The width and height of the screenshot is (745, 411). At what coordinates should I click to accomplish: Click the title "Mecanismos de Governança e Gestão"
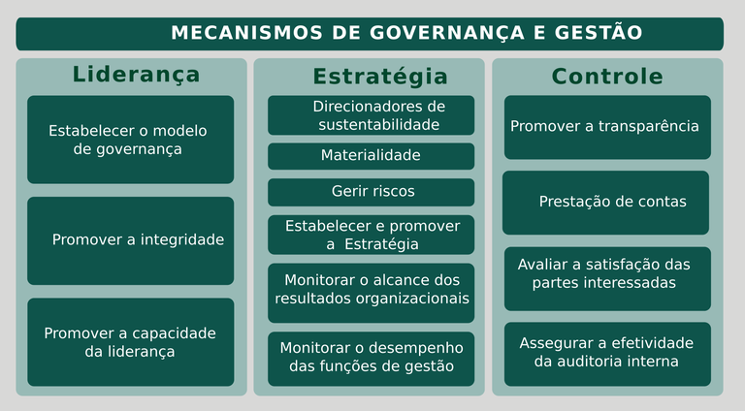(406, 33)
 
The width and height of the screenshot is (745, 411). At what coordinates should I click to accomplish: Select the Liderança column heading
(137, 75)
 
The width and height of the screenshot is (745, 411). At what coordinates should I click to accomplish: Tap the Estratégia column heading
(380, 77)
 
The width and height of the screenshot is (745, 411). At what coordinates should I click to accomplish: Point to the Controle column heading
(607, 77)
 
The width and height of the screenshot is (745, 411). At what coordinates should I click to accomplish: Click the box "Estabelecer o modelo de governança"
(130, 140)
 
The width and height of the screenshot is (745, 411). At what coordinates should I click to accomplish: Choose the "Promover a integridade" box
(130, 240)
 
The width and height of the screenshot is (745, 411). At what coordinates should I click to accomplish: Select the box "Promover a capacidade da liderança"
(130, 342)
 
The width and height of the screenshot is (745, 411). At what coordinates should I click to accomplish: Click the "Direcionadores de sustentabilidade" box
(371, 115)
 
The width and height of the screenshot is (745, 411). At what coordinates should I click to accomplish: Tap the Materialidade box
(371, 156)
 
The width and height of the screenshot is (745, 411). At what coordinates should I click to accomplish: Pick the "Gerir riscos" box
(371, 192)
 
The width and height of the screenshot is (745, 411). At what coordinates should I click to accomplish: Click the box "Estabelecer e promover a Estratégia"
(371, 235)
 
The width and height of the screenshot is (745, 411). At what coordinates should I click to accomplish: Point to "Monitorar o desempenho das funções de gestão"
(371, 358)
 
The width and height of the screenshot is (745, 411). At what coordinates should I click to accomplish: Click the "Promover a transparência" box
(607, 127)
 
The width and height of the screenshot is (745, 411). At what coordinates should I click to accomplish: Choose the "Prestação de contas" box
(606, 203)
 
